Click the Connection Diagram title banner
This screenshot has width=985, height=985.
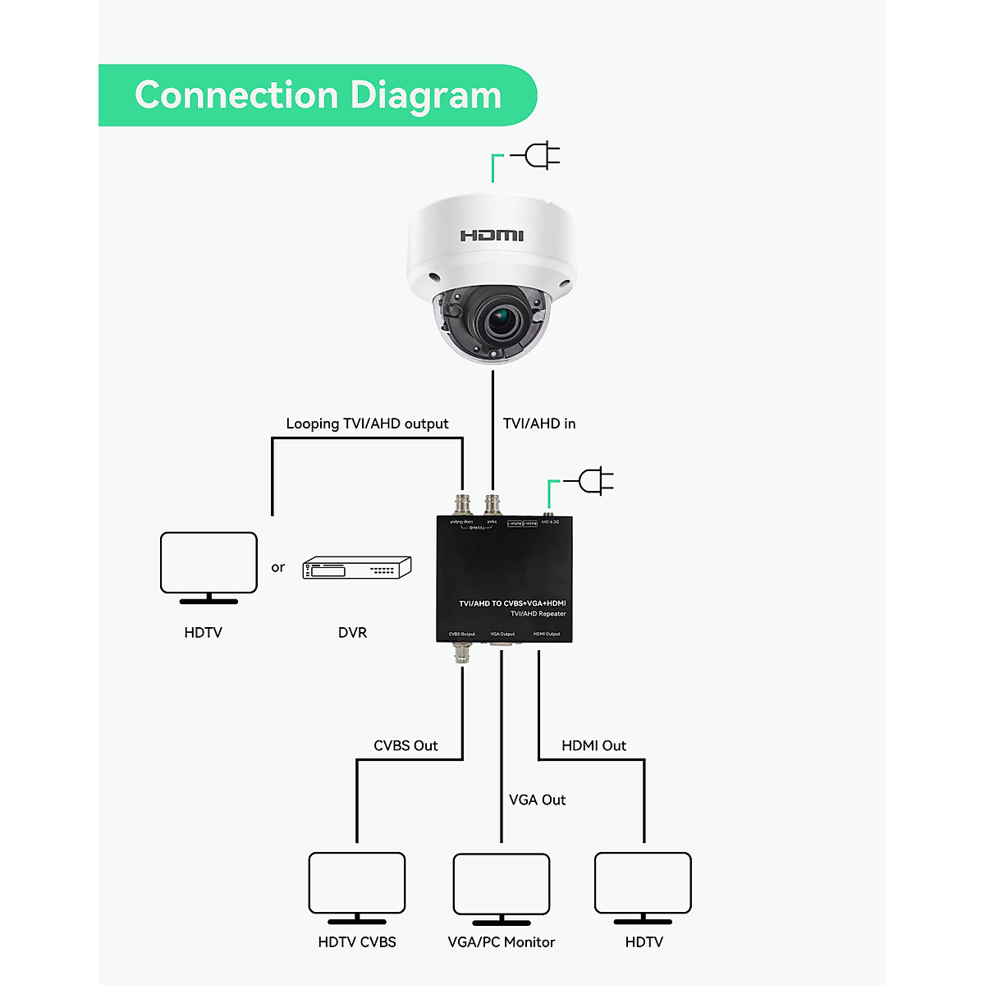pyautogui.click(x=317, y=95)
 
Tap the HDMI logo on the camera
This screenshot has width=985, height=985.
pyautogui.click(x=492, y=236)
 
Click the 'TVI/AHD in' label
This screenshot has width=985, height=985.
pyautogui.click(x=539, y=424)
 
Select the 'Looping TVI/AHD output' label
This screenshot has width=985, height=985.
pyautogui.click(x=367, y=424)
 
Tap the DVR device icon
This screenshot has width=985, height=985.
pyautogui.click(x=357, y=568)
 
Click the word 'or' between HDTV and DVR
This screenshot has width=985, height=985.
pyautogui.click(x=278, y=567)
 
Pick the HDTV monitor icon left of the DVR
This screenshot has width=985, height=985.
pyautogui.click(x=208, y=567)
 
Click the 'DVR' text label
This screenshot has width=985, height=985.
pyautogui.click(x=352, y=633)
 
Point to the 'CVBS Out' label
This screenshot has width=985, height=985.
pyautogui.click(x=405, y=745)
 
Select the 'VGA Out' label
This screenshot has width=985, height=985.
pyautogui.click(x=537, y=799)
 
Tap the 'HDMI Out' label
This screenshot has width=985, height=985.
pyautogui.click(x=593, y=745)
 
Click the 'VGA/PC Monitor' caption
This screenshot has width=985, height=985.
pyautogui.click(x=502, y=942)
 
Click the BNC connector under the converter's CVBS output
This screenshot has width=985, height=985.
pyautogui.click(x=463, y=653)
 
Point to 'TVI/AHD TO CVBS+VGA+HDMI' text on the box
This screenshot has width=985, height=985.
pyautogui.click(x=512, y=603)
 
